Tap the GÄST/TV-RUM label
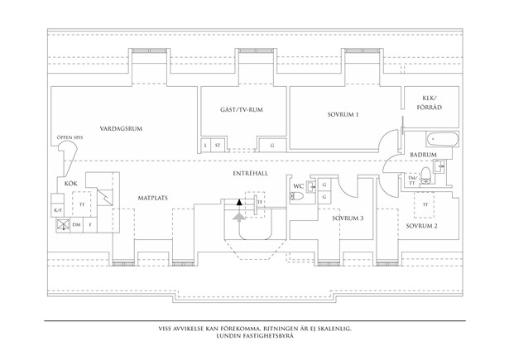pos(242,110)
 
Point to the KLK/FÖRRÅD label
pos(423,103)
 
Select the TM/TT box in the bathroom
pos(412,180)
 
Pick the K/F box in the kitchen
pos(57,210)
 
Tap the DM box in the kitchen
pos(76,224)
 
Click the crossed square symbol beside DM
pos(61,223)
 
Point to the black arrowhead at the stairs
pos(240,201)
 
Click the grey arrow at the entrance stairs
pos(240,217)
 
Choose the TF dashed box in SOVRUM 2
pos(426,204)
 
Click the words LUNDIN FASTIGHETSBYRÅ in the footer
pos(254,337)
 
